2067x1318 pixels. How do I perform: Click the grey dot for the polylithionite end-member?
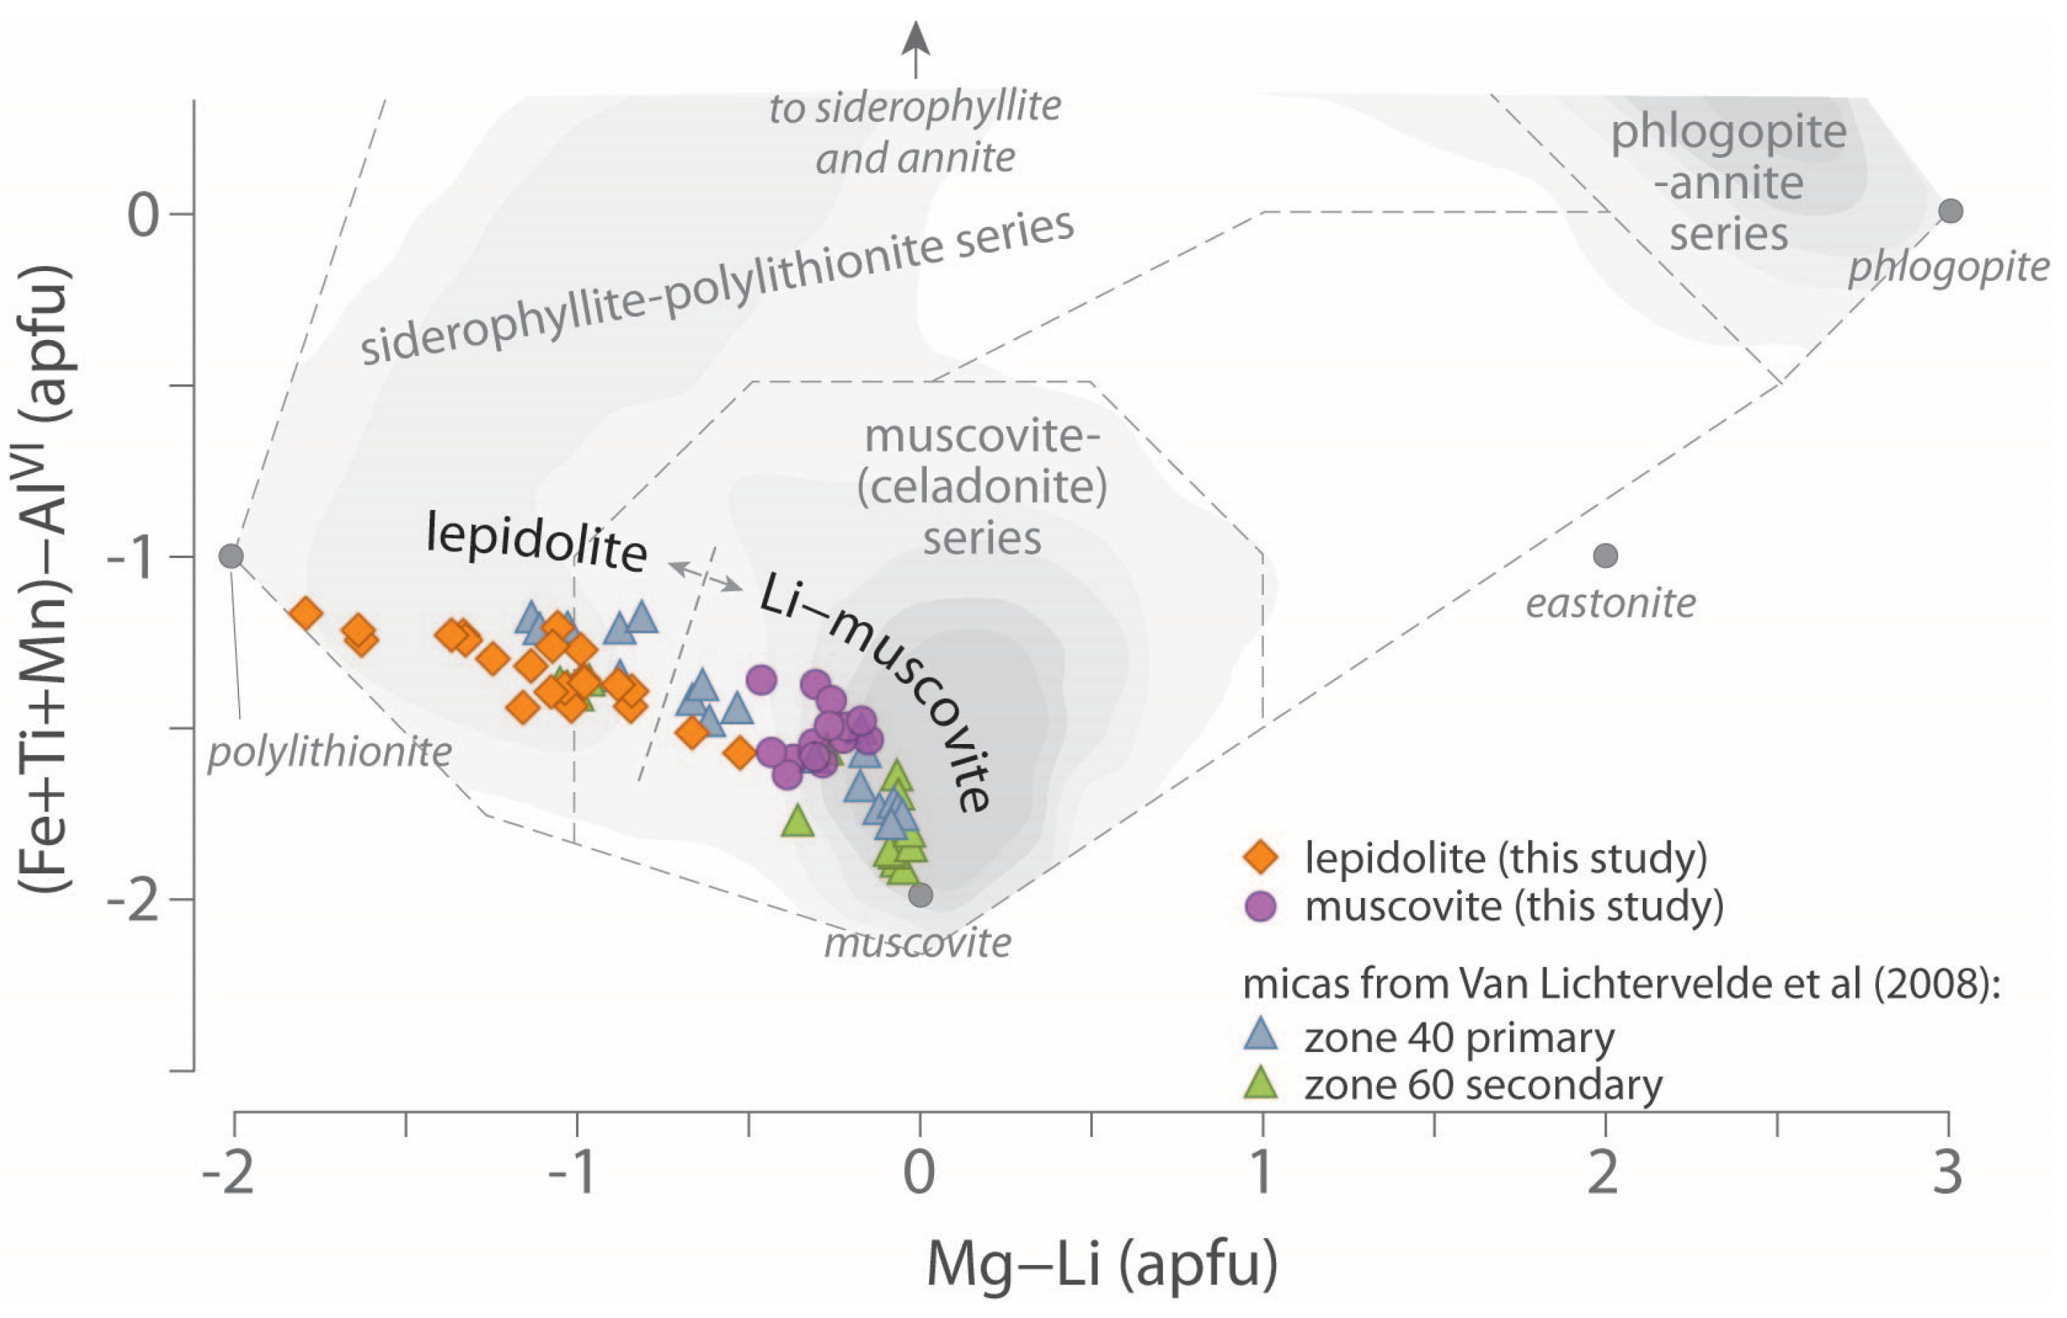[x=231, y=557]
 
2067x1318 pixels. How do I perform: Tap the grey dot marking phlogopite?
[x=1951, y=211]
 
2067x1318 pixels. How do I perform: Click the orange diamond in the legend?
[x=1261, y=857]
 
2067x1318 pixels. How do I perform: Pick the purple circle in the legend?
[x=1261, y=906]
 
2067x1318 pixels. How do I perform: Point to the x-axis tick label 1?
[x=1262, y=1173]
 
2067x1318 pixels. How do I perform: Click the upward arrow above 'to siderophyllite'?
[x=916, y=47]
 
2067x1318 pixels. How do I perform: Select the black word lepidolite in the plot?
[x=537, y=541]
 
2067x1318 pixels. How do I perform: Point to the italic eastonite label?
[x=1610, y=604]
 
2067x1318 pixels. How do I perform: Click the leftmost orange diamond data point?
[x=306, y=613]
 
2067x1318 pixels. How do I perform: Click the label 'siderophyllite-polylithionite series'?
[x=717, y=288]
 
